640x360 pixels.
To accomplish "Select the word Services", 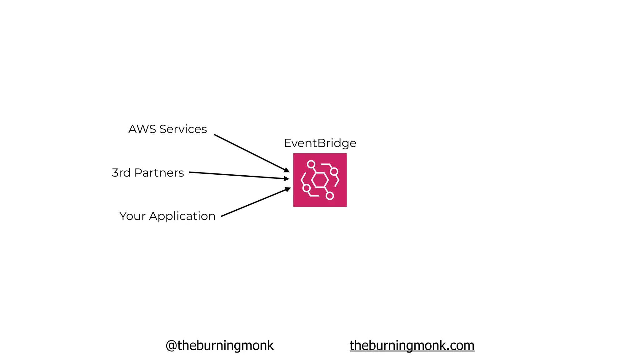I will [x=183, y=129].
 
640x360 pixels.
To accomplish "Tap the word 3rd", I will [x=121, y=173].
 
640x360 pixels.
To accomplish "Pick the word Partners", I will [x=159, y=173].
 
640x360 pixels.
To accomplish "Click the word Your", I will [x=132, y=216].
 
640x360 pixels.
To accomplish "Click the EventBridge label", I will [x=320, y=143].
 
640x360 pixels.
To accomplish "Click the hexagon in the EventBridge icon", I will [x=320, y=180].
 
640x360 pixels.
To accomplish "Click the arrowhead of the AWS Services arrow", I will [x=287, y=170].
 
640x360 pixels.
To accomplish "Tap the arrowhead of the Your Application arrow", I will [x=288, y=189].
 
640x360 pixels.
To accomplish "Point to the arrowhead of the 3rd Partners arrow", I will [x=286, y=179].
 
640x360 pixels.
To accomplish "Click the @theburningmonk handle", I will [x=220, y=346].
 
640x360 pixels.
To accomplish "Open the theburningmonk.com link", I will [x=412, y=346].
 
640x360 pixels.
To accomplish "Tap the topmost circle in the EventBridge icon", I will [x=311, y=164].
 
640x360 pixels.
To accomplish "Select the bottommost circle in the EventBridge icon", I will [x=330, y=196].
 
